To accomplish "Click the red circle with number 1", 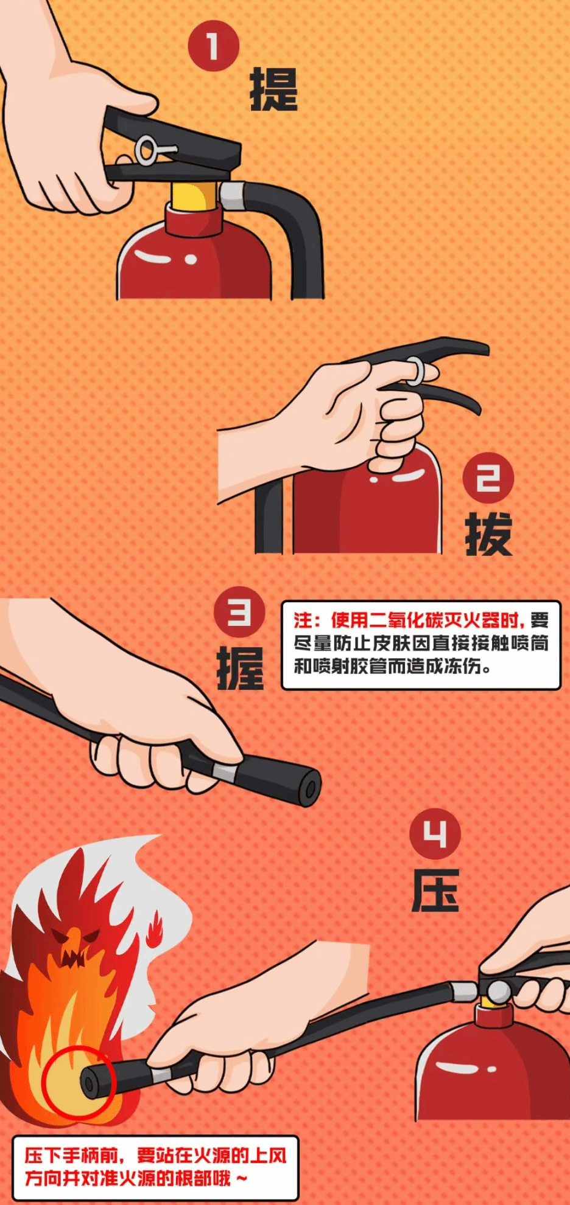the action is [213, 46].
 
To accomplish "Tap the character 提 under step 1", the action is [274, 89].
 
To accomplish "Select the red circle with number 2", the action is [488, 478].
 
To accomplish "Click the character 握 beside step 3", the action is [241, 667].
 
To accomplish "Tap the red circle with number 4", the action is [435, 833].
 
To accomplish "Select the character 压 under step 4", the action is [435, 889].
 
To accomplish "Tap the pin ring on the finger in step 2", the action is [417, 370].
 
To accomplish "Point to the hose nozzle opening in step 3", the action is [311, 789].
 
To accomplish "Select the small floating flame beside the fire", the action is [154, 930].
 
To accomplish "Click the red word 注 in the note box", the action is [303, 620].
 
